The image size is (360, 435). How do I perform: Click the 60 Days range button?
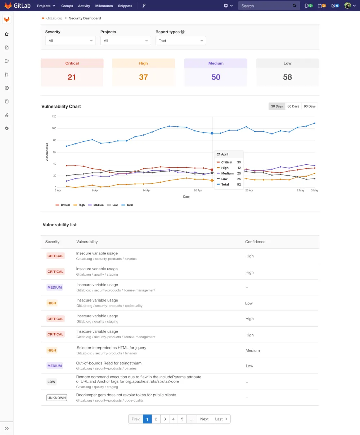tap(293, 107)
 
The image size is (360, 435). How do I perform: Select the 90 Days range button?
tap(310, 107)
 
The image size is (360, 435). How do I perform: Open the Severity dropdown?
tap(71, 41)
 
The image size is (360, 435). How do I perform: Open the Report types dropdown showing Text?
tap(181, 41)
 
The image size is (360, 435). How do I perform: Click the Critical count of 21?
tap(72, 77)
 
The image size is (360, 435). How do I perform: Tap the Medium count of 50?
tap(216, 77)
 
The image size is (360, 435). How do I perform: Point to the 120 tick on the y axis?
tap(54, 117)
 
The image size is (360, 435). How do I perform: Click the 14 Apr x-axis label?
tap(147, 190)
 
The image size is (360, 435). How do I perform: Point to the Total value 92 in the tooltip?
tap(239, 185)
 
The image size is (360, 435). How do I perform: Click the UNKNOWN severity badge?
tap(57, 398)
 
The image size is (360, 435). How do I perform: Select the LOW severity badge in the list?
tap(51, 382)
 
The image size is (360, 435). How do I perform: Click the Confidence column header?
tap(255, 242)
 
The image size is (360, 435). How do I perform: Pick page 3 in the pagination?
tap(165, 419)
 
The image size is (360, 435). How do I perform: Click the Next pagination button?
tap(204, 419)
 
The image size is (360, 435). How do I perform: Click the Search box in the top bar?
tap(266, 6)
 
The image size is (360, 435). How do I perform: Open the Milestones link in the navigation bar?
tap(104, 6)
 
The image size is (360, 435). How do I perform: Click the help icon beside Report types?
tap(183, 32)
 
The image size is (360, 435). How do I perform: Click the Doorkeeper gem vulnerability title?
tap(126, 395)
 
